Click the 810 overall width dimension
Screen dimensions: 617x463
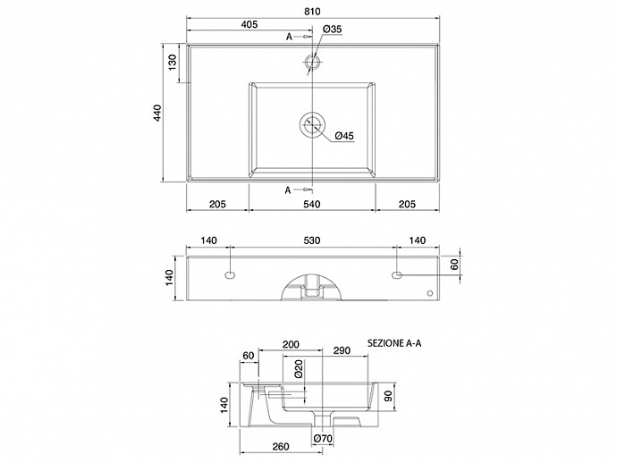(x=312, y=12)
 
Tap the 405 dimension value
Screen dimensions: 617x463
(x=249, y=24)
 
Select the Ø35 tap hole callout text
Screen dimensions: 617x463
(x=332, y=29)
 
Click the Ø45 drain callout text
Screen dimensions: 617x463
(x=344, y=136)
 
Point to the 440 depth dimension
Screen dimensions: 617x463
(x=157, y=113)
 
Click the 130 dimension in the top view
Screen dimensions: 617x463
(x=173, y=63)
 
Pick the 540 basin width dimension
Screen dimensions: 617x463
(x=312, y=204)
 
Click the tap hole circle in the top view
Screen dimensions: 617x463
(x=312, y=60)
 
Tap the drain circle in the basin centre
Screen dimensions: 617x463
(x=312, y=125)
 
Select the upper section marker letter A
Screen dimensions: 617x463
(x=289, y=37)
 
